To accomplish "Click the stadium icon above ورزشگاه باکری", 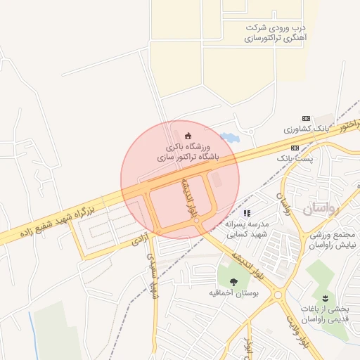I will tap(187, 135).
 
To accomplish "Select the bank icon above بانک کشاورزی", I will tap(305, 118).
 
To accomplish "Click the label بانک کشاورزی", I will tap(306, 129).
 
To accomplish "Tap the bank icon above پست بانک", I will tap(295, 148).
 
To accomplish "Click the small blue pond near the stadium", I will tap(229, 138).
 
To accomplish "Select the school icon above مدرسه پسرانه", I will tap(246, 212).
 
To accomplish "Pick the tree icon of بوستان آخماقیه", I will tap(233, 281).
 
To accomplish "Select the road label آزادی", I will tap(137, 240).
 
